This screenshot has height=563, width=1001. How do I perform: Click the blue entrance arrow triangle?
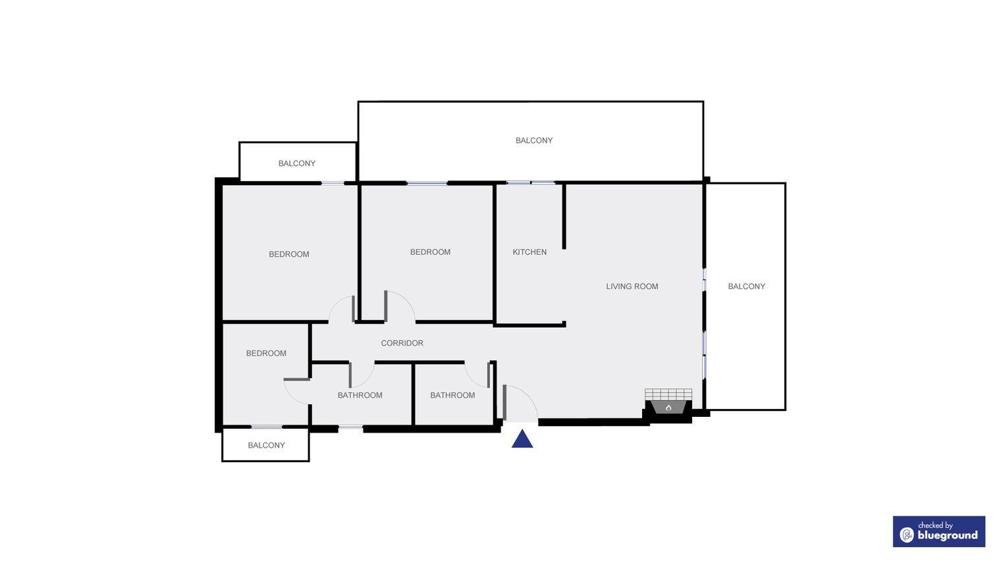[x=522, y=439]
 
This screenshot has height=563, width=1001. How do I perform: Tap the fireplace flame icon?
[x=668, y=408]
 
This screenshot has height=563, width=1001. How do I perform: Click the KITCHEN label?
[x=529, y=252]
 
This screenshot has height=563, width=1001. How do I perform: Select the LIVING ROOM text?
[x=632, y=286]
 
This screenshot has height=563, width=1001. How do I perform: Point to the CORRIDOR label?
[x=402, y=343]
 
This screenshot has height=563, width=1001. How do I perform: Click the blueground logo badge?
[x=939, y=531]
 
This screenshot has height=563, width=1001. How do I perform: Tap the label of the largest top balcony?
[x=534, y=140]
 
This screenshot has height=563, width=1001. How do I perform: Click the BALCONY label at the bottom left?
[x=266, y=445]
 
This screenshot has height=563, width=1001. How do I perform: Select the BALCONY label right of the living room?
[x=746, y=286]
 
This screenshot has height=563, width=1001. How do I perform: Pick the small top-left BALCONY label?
[x=297, y=163]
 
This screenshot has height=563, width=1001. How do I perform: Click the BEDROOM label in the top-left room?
[x=288, y=254]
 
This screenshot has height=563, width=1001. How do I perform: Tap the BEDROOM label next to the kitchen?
[x=430, y=252]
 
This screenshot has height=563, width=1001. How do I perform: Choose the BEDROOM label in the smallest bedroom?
[x=266, y=354]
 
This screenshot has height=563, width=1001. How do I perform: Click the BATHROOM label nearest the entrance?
[x=452, y=396]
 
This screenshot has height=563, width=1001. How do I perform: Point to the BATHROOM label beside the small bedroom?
[x=360, y=396]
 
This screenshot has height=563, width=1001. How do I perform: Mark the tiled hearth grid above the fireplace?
[x=668, y=394]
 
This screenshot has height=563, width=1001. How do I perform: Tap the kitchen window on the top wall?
[x=530, y=183]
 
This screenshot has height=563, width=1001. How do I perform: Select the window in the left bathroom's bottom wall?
[x=350, y=428]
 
